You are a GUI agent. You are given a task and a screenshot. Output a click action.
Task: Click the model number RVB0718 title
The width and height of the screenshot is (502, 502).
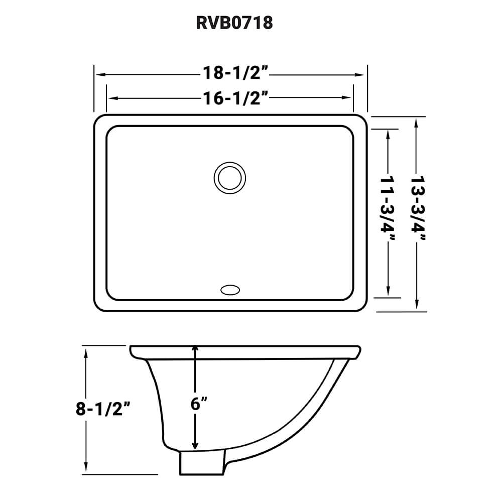coord(234,23)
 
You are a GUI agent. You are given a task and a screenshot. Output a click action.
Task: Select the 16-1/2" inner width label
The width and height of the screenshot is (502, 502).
coord(234,98)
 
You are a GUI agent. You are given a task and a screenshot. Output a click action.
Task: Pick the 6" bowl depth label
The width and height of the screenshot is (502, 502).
coord(199,404)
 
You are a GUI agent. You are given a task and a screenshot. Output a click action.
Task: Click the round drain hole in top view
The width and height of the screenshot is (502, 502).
coord(230,177)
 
